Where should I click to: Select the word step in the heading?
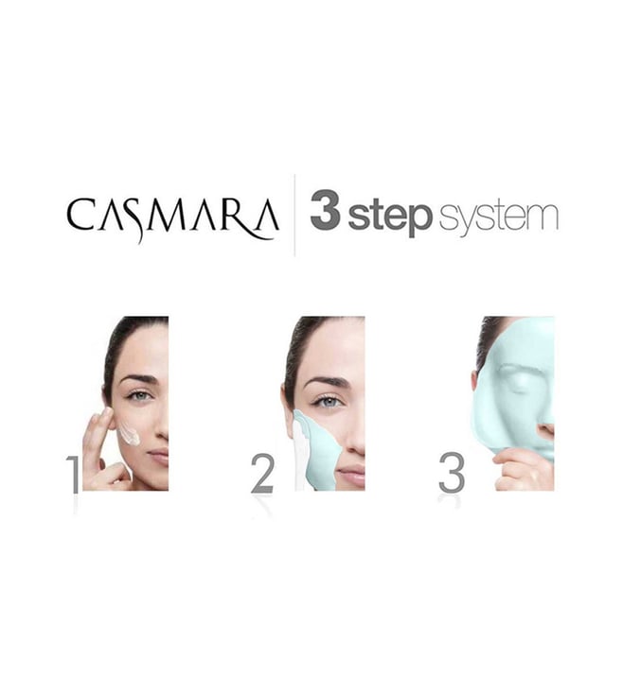390,216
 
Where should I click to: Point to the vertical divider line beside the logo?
294,216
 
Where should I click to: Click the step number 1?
74,475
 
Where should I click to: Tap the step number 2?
262,474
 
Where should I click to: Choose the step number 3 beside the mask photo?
452,473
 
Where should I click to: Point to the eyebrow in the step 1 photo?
138,380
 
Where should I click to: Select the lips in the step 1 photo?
159,457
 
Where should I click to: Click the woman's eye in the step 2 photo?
329,402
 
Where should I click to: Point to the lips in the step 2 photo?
351,476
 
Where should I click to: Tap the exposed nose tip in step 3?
547,429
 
